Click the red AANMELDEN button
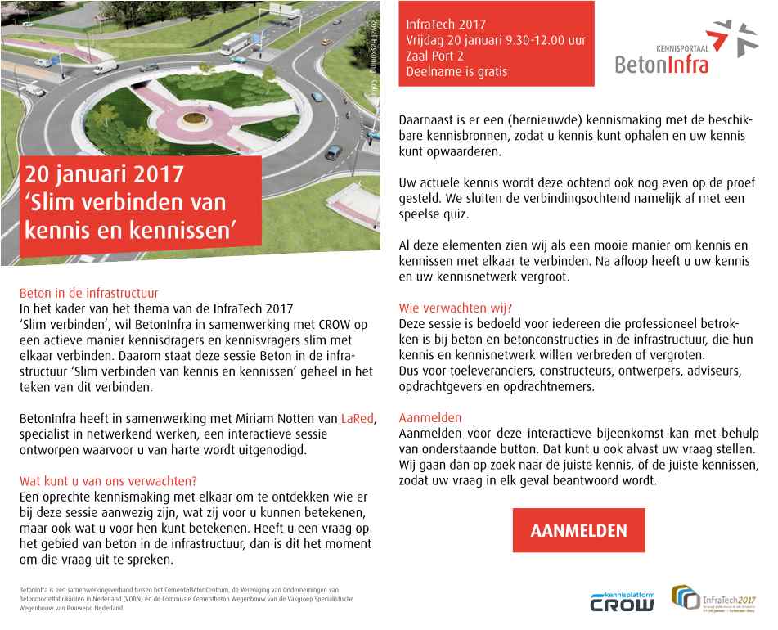tap(578, 530)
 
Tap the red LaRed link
tap(357, 420)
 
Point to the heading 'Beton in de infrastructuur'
tap(88, 293)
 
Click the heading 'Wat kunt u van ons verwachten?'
tap(107, 481)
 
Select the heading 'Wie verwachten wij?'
tap(455, 308)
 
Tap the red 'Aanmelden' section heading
tap(430, 417)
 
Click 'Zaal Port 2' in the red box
tap(435, 56)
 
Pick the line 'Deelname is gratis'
tap(456, 71)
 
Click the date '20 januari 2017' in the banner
tap(105, 176)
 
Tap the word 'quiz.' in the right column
tap(455, 215)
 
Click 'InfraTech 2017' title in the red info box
tap(445, 24)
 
